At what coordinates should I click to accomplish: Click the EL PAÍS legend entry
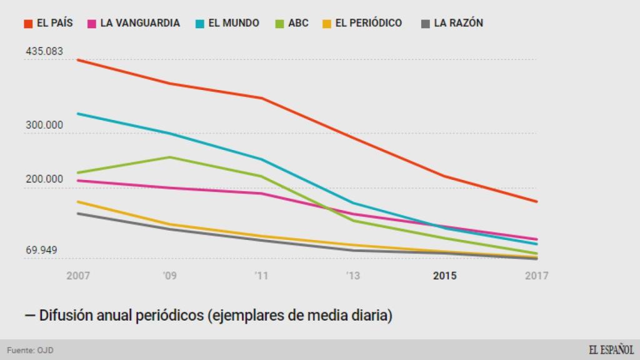(49, 23)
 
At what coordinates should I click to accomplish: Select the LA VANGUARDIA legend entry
(134, 23)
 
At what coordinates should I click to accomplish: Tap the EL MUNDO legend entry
(226, 23)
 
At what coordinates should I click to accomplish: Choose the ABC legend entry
(292, 23)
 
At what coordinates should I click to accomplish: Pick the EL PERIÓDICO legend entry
(362, 23)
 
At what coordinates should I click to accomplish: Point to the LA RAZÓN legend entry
(452, 23)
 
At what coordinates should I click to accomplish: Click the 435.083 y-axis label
(44, 51)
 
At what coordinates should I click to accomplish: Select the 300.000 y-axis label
(44, 125)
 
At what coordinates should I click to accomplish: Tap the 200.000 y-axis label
(44, 179)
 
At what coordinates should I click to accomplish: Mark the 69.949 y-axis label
(42, 251)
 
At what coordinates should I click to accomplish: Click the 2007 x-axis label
(78, 276)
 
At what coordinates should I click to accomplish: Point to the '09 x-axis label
(169, 276)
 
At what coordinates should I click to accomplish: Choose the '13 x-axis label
(352, 276)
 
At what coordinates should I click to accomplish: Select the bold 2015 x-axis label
(444, 276)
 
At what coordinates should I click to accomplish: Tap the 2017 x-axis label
(536, 276)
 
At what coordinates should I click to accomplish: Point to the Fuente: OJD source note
(30, 350)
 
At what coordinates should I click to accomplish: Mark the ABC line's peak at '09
(169, 157)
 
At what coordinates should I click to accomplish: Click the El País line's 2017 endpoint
(537, 201)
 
